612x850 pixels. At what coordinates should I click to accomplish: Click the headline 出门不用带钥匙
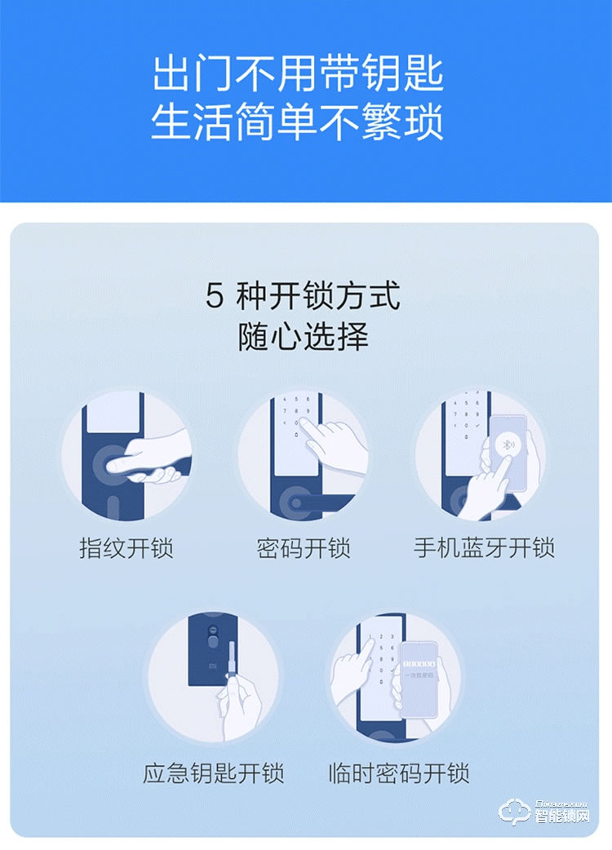(298, 75)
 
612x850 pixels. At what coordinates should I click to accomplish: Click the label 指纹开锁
(126, 547)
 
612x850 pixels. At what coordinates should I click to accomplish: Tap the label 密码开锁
(304, 547)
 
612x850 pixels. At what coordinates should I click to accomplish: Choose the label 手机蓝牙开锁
(484, 547)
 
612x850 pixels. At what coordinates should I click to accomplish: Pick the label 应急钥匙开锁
(214, 773)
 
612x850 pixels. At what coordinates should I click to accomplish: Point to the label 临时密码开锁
(398, 773)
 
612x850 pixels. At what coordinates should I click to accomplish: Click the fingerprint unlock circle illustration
(126, 456)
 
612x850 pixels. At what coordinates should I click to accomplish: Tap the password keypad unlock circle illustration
(304, 456)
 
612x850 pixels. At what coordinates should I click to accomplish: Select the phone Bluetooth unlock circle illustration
(481, 456)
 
